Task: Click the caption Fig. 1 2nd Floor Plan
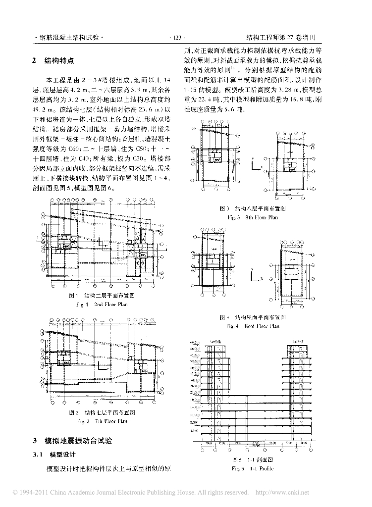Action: (102, 304)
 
